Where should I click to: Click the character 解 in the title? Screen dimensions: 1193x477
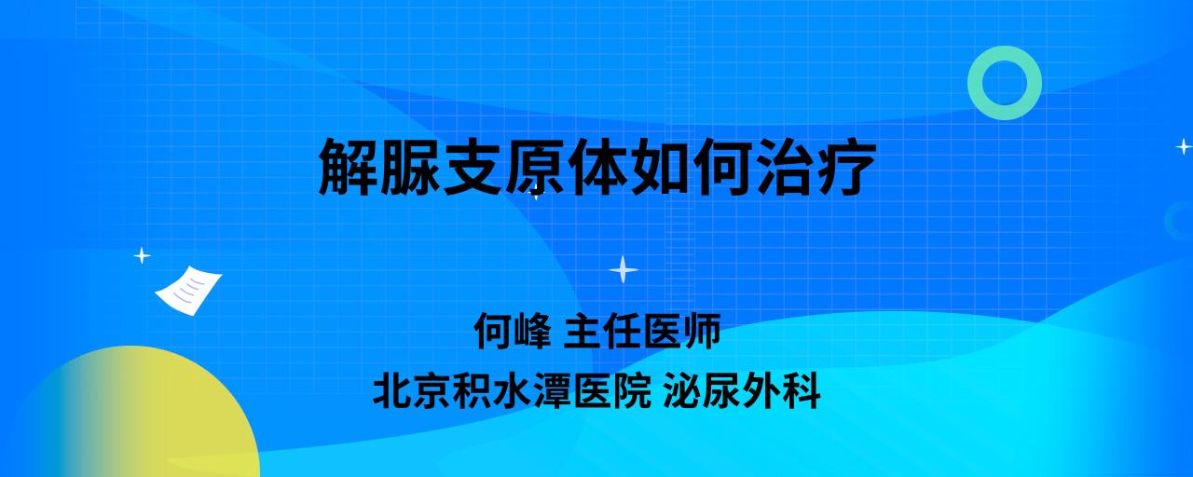point(349,167)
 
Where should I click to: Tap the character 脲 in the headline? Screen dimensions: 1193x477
point(411,167)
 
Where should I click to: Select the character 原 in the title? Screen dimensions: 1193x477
point(535,167)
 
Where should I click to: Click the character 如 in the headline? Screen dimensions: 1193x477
point(659,167)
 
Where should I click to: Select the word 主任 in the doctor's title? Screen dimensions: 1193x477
point(601,331)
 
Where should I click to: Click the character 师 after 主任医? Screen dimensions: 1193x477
point(702,331)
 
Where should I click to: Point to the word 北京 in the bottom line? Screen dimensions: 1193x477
point(412,390)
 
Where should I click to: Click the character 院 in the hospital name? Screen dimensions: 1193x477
point(633,390)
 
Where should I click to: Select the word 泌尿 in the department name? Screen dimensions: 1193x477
point(702,390)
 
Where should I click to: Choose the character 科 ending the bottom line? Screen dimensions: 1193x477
point(801,390)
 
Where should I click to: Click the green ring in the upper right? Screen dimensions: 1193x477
point(975,83)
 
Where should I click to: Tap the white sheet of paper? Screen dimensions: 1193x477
point(188,290)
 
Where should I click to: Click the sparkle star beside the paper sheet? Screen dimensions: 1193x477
point(142,256)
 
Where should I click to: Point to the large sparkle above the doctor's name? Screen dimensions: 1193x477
point(624,270)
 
